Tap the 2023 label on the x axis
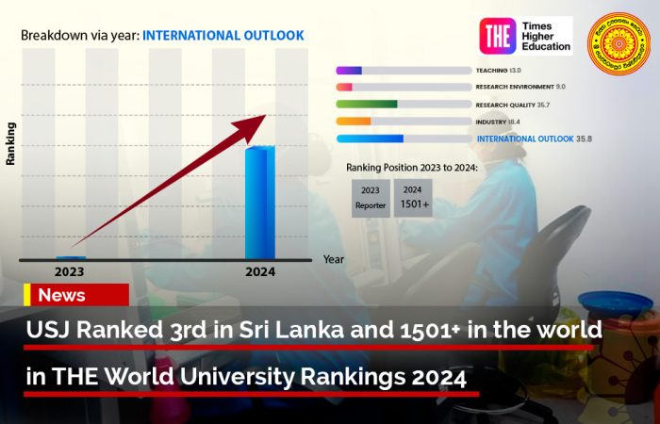pyautogui.click(x=69, y=271)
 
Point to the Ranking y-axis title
pyautogui.click(x=11, y=143)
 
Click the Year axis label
pyautogui.click(x=334, y=258)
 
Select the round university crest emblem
pyautogui.click(x=618, y=43)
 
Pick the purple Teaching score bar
pyautogui.click(x=349, y=71)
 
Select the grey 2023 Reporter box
pyautogui.click(x=371, y=198)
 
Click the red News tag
pyautogui.click(x=75, y=295)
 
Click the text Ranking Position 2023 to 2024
pyautogui.click(x=412, y=167)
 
